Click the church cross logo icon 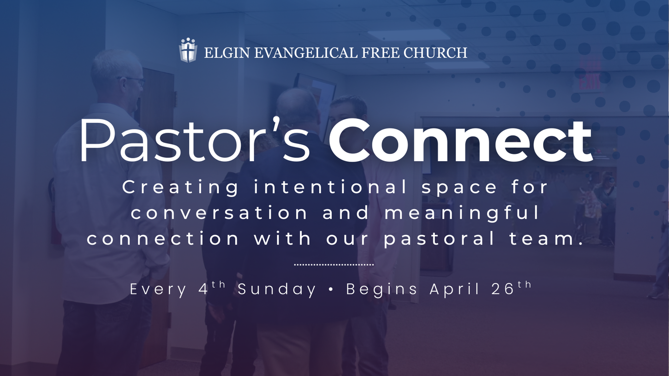[188, 50]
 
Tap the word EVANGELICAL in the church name [306, 53]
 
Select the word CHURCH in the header [435, 53]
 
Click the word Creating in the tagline [180, 188]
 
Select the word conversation [219, 213]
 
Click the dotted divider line [334, 264]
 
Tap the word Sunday [277, 290]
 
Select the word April [455, 290]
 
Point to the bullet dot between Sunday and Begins [331, 290]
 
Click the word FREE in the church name [381, 53]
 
